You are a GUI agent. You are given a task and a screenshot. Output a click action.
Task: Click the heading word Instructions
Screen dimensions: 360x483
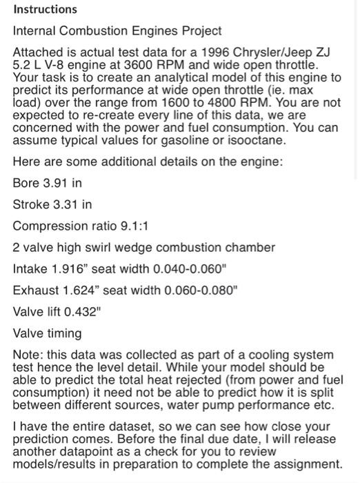pos(46,10)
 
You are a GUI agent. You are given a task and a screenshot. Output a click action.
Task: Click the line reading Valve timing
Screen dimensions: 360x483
pos(48,333)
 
